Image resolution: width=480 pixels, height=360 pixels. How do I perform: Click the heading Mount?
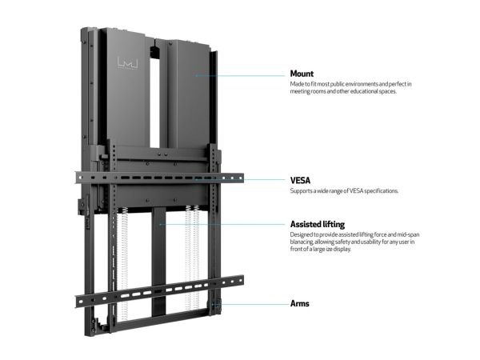click(x=302, y=74)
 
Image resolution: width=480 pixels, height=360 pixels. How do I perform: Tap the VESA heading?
click(x=300, y=180)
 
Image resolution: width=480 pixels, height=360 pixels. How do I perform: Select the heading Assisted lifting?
click(x=318, y=224)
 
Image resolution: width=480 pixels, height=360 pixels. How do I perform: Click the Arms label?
click(x=300, y=304)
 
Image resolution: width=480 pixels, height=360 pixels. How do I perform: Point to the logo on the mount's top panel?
click(x=128, y=63)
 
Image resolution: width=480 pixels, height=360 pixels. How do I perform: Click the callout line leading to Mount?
click(x=240, y=75)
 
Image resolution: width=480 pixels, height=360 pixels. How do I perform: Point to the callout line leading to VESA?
click(x=240, y=180)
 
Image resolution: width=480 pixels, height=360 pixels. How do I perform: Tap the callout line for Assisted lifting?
click(x=222, y=224)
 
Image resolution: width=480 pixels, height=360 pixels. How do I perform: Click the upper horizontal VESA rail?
click(x=159, y=178)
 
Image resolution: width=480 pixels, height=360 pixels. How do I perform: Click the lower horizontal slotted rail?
click(x=159, y=291)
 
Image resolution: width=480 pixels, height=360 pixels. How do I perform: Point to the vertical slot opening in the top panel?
click(x=154, y=98)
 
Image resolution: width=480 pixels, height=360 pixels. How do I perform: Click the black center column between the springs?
click(x=158, y=262)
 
